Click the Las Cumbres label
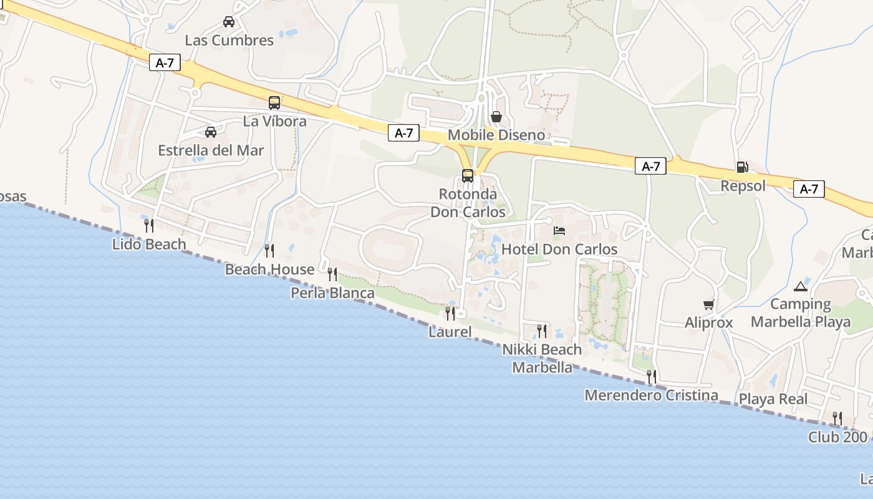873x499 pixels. pyautogui.click(x=229, y=41)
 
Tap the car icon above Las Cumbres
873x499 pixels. pyautogui.click(x=229, y=22)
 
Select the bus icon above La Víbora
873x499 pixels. pyautogui.click(x=274, y=103)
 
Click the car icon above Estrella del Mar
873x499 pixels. pyautogui.click(x=211, y=132)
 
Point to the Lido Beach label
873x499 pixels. pyautogui.click(x=149, y=245)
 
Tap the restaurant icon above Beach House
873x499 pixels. pyautogui.click(x=269, y=251)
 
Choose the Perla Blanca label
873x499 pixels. pyautogui.click(x=333, y=293)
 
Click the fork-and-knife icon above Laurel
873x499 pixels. pyautogui.click(x=450, y=313)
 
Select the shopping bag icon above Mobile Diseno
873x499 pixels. pyautogui.click(x=496, y=117)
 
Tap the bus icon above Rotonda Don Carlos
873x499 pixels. pyautogui.click(x=468, y=176)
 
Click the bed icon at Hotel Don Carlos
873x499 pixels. pyautogui.click(x=559, y=231)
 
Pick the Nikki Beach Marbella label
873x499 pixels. pyautogui.click(x=542, y=359)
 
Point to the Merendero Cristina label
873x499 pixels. pyautogui.click(x=651, y=395)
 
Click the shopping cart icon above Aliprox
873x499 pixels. pyautogui.click(x=708, y=305)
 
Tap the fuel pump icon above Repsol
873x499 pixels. pyautogui.click(x=742, y=167)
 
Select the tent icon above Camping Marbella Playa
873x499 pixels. pyautogui.click(x=801, y=286)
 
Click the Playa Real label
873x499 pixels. pyautogui.click(x=773, y=399)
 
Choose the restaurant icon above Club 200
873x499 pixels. pyautogui.click(x=837, y=418)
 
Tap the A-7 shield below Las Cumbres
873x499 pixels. pyautogui.click(x=165, y=63)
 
